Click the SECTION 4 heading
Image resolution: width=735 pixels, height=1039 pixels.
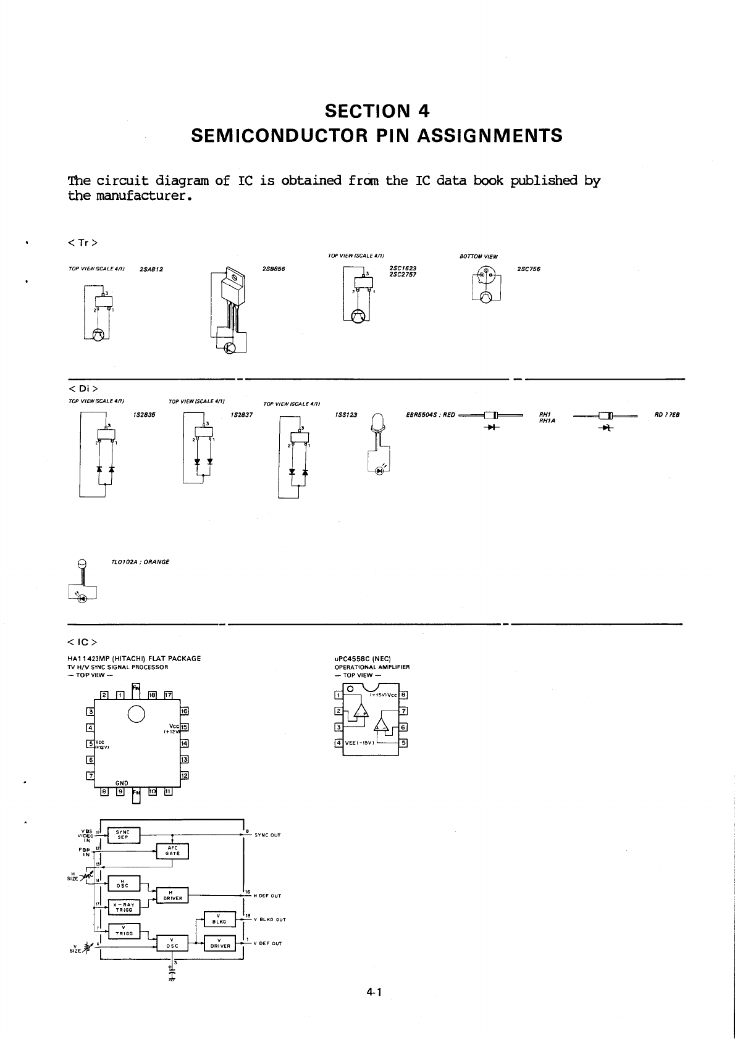pyautogui.click(x=377, y=111)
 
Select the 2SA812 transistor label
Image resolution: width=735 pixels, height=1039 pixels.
pyautogui.click(x=151, y=269)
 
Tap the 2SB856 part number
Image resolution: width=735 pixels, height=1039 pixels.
pyautogui.click(x=273, y=269)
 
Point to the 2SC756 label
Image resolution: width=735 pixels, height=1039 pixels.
pyautogui.click(x=529, y=269)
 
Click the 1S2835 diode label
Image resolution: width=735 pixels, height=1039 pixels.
pyautogui.click(x=144, y=415)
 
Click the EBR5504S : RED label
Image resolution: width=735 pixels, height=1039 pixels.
pyautogui.click(x=430, y=415)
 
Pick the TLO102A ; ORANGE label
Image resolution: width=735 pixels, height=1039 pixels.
pyautogui.click(x=140, y=562)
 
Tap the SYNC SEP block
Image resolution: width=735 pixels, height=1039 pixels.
pyautogui.click(x=124, y=835)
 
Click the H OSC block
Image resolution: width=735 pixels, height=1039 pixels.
pyautogui.click(x=124, y=883)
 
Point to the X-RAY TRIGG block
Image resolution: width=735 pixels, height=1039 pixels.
pyautogui.click(x=124, y=907)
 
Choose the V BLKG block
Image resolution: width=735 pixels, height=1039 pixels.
pyautogui.click(x=219, y=919)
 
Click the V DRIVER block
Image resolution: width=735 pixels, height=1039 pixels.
pyautogui.click(x=220, y=943)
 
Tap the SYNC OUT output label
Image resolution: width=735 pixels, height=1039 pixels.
pyautogui.click(x=267, y=835)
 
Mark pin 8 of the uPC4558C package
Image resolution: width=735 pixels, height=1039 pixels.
pyautogui.click(x=403, y=695)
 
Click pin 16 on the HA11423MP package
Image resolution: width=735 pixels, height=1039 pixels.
pyautogui.click(x=184, y=711)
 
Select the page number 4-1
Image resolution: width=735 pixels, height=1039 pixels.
pyautogui.click(x=374, y=993)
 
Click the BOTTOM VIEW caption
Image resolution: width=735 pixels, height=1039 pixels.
pyautogui.click(x=479, y=257)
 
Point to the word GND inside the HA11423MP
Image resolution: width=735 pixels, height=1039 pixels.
pyautogui.click(x=122, y=783)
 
